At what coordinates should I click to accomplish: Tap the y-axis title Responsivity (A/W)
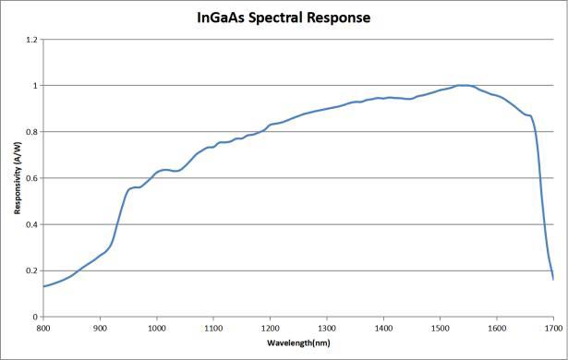click(x=18, y=178)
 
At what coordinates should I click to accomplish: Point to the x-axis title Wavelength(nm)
click(x=298, y=342)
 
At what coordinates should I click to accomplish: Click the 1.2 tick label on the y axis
click(x=32, y=40)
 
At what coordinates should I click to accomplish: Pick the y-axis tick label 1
click(x=35, y=86)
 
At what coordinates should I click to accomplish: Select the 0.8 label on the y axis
click(x=32, y=132)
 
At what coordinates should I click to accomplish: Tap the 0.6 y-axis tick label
click(x=32, y=178)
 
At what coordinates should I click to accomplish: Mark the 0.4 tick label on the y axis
click(x=32, y=224)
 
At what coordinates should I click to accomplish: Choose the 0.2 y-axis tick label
click(x=32, y=270)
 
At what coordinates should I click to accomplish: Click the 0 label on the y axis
click(x=35, y=317)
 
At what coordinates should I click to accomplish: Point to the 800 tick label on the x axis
click(x=43, y=328)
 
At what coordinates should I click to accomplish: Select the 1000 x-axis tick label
click(x=157, y=328)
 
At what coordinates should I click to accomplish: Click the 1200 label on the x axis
click(x=271, y=328)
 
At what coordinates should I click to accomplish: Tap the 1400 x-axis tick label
click(x=383, y=328)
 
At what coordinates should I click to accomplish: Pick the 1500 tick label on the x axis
click(x=441, y=328)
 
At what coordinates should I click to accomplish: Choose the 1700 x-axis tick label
click(x=553, y=328)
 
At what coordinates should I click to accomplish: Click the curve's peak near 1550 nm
click(x=464, y=86)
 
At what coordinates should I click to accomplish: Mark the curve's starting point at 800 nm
click(x=43, y=286)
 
